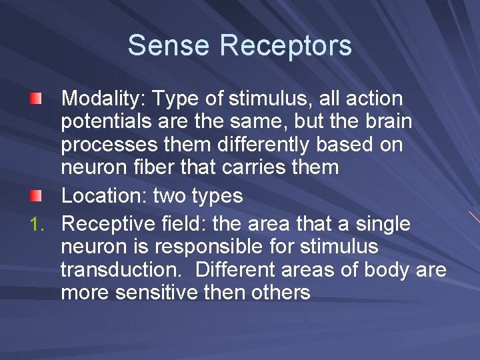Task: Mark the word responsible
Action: [x=210, y=248]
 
